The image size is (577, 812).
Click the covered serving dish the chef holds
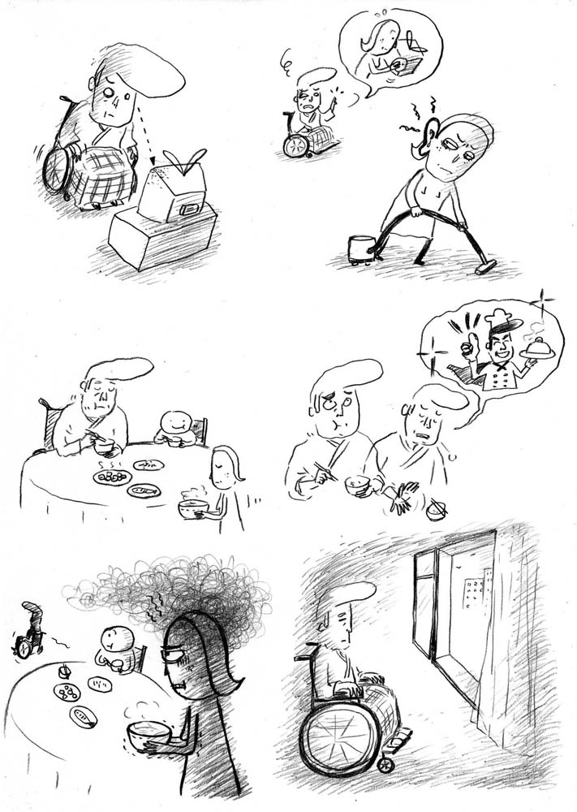point(535,346)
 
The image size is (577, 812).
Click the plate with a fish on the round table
point(144,490)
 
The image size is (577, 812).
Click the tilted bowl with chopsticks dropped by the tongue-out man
point(437,512)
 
